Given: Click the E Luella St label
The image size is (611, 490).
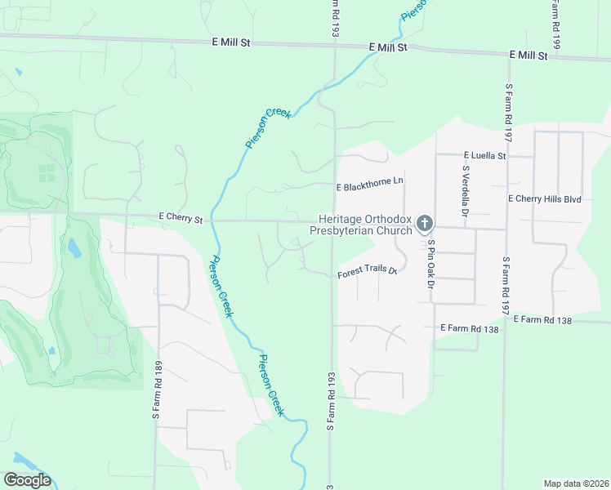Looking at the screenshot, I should click(485, 155).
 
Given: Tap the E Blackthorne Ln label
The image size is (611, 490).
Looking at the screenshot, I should click(371, 187).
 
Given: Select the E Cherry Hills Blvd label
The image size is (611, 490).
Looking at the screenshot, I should click(544, 198).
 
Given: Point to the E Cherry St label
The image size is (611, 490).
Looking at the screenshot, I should click(181, 219).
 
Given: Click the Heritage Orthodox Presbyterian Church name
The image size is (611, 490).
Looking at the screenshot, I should click(360, 225).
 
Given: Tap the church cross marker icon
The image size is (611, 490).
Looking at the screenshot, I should click(424, 223).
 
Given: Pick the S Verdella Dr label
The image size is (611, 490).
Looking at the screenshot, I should click(466, 190).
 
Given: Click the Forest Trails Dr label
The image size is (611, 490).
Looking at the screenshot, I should click(367, 273).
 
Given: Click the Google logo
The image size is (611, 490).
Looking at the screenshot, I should click(27, 480).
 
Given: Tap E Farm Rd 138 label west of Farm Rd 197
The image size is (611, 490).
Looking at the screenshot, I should click(469, 327).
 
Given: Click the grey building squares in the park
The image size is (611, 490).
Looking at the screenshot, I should click(47, 172).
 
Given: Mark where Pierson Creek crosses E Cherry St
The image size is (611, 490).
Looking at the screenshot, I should click(211, 220).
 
